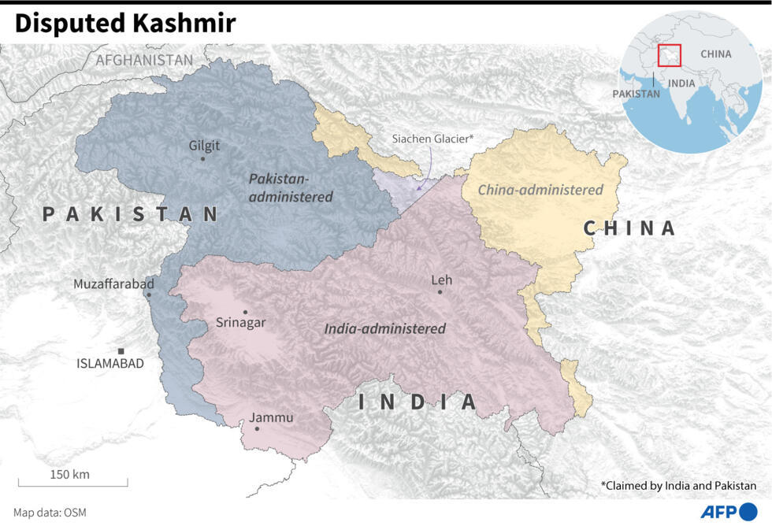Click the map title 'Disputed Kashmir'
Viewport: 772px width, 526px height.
(x=124, y=24)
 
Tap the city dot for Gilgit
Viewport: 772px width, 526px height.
(x=202, y=159)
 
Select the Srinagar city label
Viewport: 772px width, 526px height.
(x=241, y=323)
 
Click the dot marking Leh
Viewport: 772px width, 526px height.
(x=440, y=292)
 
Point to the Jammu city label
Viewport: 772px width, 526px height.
(x=271, y=417)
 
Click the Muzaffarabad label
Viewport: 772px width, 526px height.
(x=114, y=283)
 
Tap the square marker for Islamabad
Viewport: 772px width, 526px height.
(x=121, y=351)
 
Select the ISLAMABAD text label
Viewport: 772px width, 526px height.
(x=110, y=364)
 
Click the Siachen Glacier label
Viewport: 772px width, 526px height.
(x=433, y=139)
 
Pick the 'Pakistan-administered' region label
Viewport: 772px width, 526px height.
(x=291, y=188)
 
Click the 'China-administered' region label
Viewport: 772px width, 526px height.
(x=540, y=190)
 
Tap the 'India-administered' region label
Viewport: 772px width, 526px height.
(x=385, y=328)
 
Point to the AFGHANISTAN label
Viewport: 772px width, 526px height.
(x=144, y=60)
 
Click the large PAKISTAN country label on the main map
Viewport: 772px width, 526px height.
(x=131, y=214)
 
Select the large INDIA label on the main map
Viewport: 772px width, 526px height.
(x=418, y=402)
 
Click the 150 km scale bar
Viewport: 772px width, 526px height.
(x=72, y=482)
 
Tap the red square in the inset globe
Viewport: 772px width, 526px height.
(x=670, y=55)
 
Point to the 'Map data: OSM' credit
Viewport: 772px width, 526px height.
(x=50, y=513)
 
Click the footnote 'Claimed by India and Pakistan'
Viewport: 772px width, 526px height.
(x=678, y=486)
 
